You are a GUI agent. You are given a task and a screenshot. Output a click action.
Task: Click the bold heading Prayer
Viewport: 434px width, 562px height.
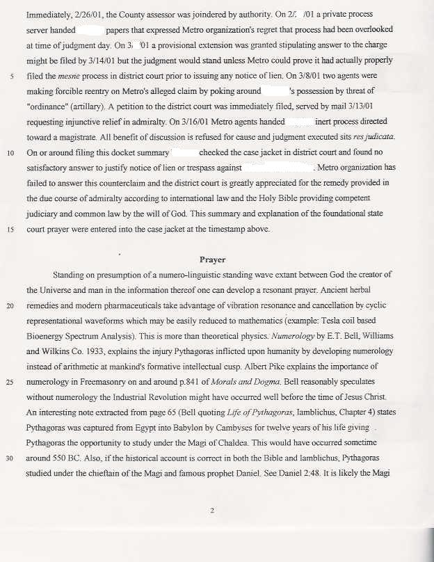[212, 259]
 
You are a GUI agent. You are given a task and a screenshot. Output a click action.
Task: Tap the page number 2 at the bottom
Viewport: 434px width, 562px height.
[213, 510]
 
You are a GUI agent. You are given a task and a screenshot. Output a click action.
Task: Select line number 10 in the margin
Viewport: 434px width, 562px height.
[12, 152]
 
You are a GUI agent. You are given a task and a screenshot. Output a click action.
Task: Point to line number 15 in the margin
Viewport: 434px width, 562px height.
[12, 229]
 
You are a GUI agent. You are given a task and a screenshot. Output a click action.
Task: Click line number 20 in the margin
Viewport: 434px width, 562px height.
[12, 306]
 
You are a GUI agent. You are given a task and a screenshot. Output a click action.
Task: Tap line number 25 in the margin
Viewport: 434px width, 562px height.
[12, 383]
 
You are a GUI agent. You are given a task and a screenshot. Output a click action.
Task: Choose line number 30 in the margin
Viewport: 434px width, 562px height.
[12, 460]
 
